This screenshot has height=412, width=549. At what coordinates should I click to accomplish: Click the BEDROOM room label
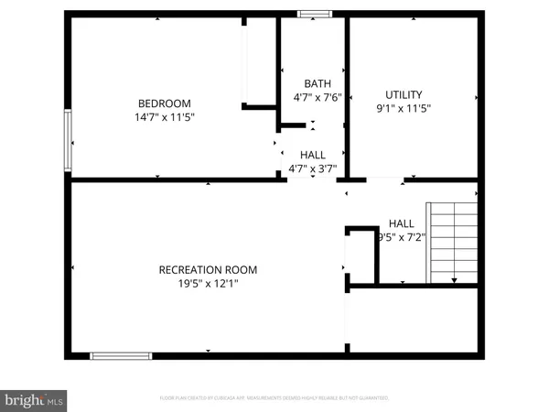pos(165,103)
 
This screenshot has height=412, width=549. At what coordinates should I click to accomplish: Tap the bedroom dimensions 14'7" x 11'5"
pos(165,117)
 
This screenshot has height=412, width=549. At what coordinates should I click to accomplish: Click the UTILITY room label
pos(404,94)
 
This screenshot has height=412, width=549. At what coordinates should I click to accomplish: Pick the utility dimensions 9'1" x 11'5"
pos(404,108)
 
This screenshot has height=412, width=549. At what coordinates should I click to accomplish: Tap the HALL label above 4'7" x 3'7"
pos(313,155)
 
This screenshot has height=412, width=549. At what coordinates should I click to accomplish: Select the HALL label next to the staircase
pos(401,223)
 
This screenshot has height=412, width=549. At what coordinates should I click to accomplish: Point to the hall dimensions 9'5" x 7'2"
pos(400,237)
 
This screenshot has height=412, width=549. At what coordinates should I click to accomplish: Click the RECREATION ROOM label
pos(208,269)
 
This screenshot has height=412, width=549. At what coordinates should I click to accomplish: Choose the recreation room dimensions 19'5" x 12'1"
pos(208,284)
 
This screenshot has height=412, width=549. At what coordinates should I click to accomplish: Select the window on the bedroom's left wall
pos(67,140)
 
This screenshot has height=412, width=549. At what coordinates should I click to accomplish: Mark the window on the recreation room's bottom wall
pos(121,354)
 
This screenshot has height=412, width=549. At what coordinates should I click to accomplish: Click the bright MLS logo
pos(35,399)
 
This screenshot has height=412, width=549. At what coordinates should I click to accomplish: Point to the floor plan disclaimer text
pos(274,398)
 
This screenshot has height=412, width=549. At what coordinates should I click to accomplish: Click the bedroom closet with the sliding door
pos(259,62)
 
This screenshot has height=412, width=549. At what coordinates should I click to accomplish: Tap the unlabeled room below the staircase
pos(414,320)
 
